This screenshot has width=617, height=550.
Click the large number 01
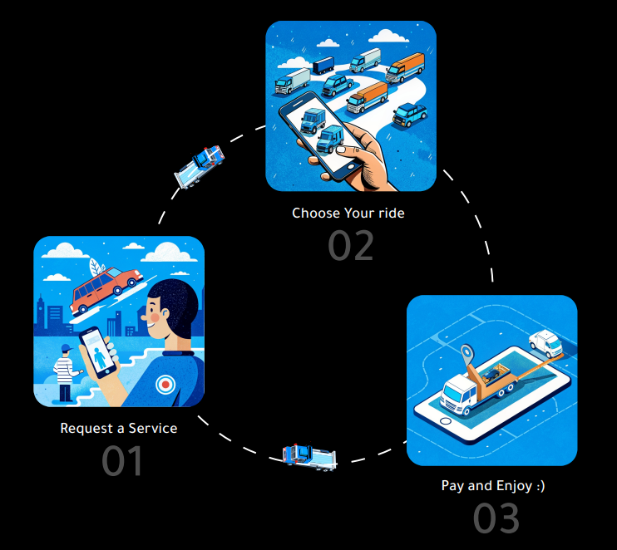122,462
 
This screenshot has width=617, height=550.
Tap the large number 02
350,246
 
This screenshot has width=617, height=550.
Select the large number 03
496,518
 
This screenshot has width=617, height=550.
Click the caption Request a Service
119,429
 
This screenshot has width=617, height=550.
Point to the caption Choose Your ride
348,214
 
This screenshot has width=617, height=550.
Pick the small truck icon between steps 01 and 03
309,454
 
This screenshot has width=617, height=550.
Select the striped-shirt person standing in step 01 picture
63,374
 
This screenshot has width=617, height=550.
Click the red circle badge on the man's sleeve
166,385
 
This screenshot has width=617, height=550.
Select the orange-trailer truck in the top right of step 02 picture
405,68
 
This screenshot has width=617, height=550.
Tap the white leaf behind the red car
98,269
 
